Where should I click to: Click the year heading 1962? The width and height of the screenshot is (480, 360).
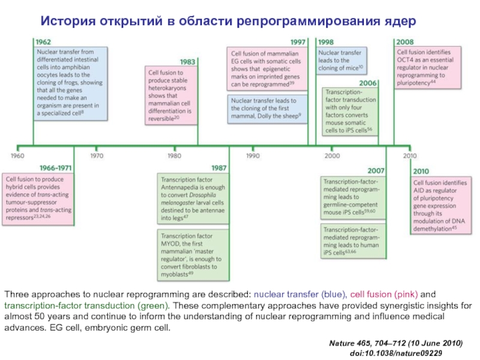coord(43,43)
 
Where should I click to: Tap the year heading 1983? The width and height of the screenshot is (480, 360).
coord(187,61)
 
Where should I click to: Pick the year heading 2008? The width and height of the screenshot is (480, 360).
coord(404,43)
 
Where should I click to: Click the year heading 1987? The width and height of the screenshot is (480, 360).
coord(218,167)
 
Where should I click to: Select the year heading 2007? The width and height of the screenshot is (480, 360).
coord(376,171)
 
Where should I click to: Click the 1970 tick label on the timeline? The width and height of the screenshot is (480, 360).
coord(97,155)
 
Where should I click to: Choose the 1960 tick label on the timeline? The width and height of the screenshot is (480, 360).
coord(17,155)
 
